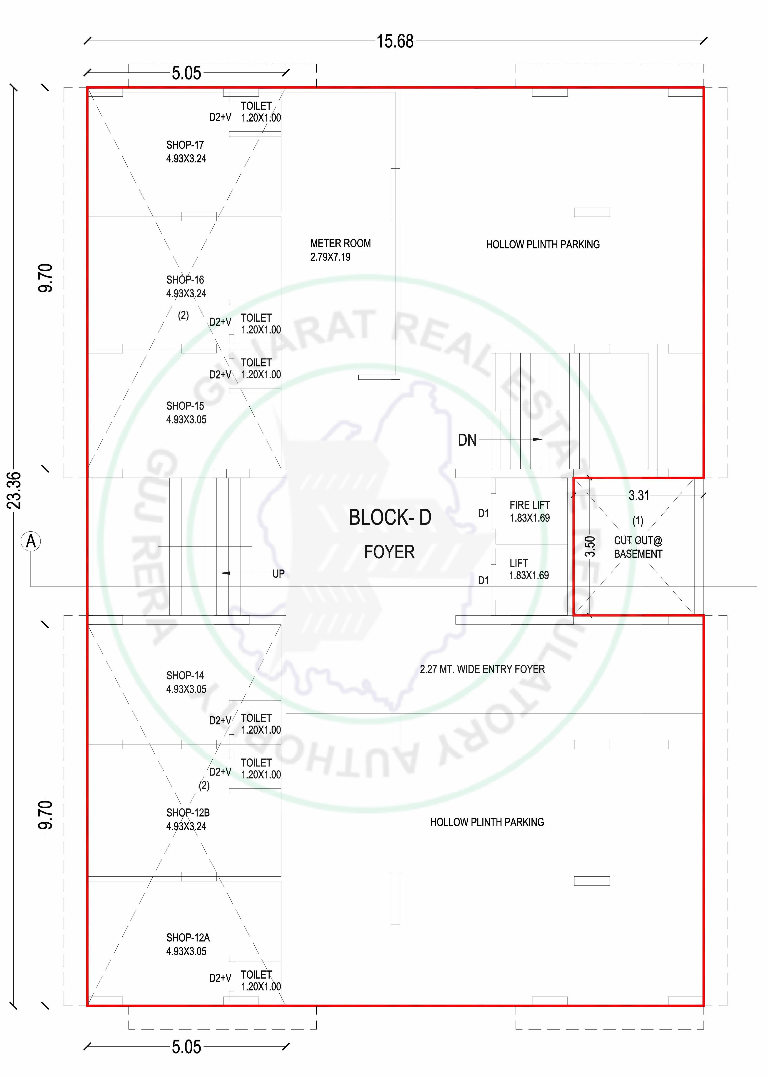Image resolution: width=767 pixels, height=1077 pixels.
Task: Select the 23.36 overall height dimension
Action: [x=14, y=490]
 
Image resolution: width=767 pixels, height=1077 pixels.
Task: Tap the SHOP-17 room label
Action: [x=185, y=145]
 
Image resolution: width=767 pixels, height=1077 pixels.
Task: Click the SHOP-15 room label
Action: [x=185, y=406]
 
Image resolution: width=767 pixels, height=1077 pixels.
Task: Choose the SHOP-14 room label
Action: [x=185, y=676]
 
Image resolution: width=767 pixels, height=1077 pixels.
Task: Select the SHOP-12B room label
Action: [x=188, y=813]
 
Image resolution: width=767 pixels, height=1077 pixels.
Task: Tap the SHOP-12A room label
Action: [x=188, y=938]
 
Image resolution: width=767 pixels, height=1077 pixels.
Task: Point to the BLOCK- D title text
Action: [x=390, y=517]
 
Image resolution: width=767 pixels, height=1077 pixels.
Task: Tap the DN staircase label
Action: [x=467, y=440]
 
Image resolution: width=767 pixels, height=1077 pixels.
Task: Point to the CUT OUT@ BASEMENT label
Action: [x=638, y=547]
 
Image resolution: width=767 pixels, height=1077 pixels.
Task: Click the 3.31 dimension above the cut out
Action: [x=639, y=495]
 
